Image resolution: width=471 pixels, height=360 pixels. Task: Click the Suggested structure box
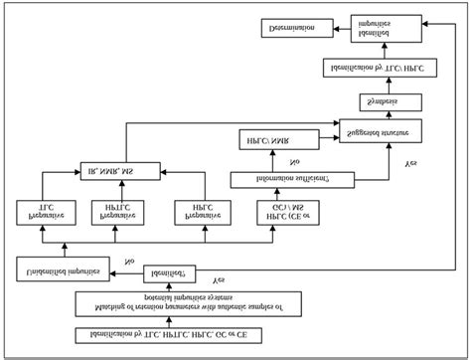pyautogui.click(x=379, y=131)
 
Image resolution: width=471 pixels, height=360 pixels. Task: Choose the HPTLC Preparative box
pyautogui.click(x=112, y=211)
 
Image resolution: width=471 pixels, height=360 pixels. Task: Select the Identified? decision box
pyautogui.click(x=169, y=270)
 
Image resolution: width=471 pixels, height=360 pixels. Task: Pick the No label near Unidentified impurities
pyautogui.click(x=129, y=262)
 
